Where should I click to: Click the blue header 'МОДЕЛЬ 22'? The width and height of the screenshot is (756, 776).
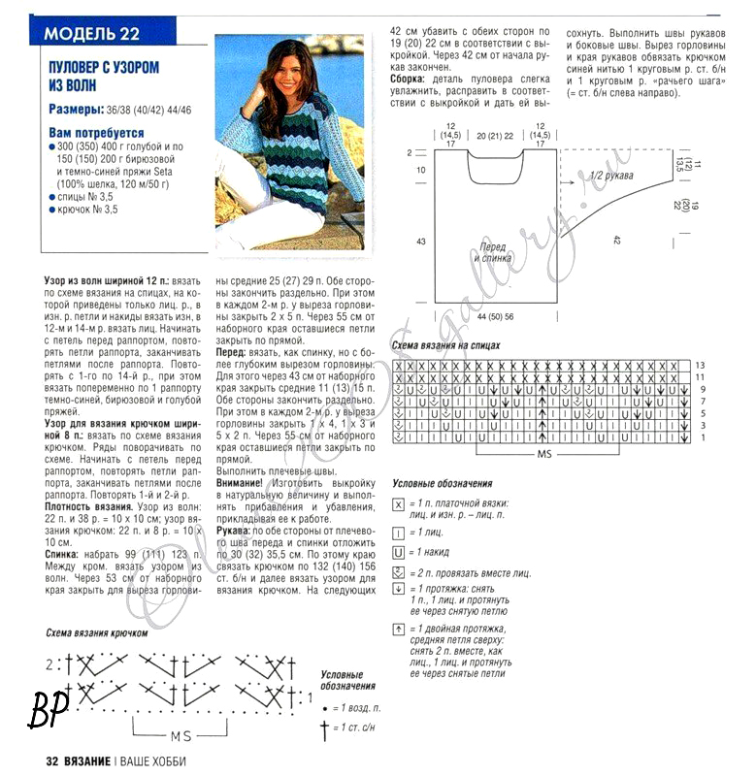click(92, 33)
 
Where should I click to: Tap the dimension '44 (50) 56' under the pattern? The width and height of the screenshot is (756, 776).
click(495, 317)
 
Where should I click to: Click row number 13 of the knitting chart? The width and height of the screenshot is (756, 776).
click(699, 365)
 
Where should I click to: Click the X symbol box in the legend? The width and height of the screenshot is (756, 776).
click(398, 504)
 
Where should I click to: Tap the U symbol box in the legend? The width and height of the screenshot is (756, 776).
click(398, 552)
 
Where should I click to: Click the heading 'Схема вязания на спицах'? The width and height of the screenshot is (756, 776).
click(445, 345)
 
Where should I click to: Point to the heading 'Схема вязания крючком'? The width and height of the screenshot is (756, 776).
click(96, 632)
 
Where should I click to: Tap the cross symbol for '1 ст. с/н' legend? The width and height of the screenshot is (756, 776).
click(324, 727)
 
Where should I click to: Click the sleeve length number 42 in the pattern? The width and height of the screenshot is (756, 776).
click(615, 238)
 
